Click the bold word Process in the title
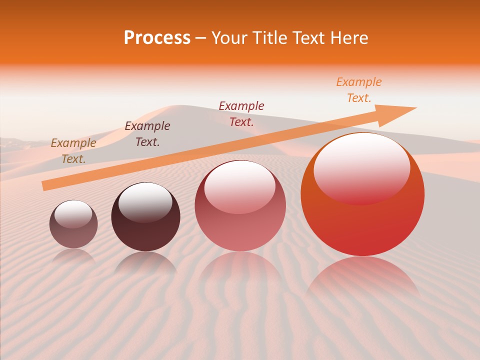click(157, 38)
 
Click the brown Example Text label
click(73, 151)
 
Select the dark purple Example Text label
click(147, 134)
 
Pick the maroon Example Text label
click(241, 113)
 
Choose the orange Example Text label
click(359, 90)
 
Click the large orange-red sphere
click(362, 225)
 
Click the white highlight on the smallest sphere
click(73, 213)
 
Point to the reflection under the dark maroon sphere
click(145, 262)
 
